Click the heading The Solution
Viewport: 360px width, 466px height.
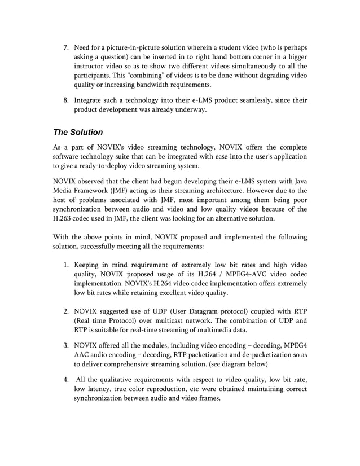click(78, 133)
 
